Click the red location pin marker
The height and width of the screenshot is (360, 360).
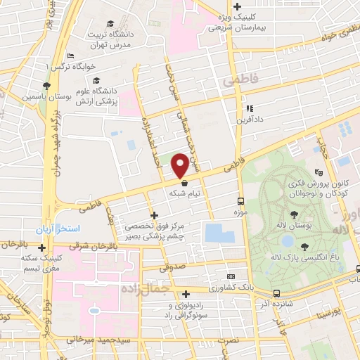pos(181,165)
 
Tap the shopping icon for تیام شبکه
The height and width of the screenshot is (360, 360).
pos(184,181)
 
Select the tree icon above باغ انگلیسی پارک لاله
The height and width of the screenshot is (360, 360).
pos(304,246)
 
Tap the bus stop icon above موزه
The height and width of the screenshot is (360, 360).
pos(241,200)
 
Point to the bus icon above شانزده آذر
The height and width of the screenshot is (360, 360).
pos(276,293)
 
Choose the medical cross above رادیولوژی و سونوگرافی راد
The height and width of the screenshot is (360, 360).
pos(186,295)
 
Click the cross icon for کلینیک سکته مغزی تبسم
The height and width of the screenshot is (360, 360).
pos(43,247)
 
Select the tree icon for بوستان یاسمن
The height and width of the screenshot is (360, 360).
pos(46,85)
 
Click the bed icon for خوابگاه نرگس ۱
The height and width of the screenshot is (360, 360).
pos(70,56)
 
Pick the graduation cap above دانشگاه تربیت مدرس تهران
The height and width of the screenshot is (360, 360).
pos(110,24)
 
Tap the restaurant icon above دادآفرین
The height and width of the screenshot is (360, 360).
pos(249,109)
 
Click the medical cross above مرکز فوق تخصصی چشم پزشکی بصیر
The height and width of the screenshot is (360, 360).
pos(154,215)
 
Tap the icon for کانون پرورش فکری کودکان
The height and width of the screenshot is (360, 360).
pos(319,171)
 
